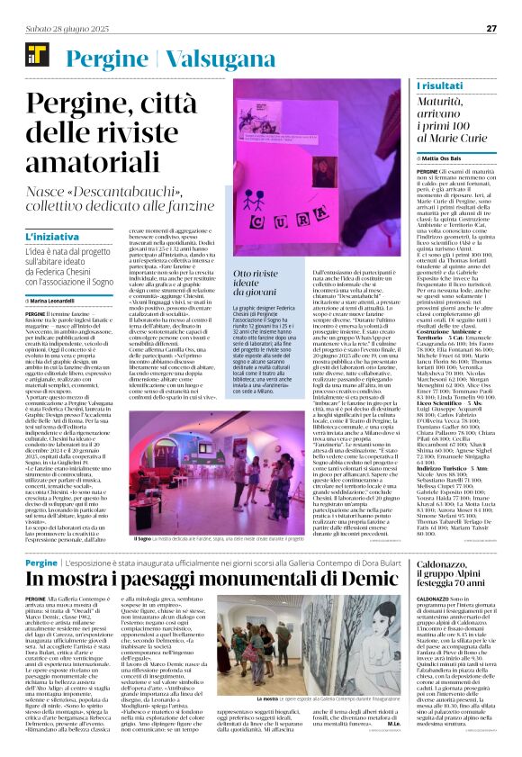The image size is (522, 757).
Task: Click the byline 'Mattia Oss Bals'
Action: [x=446, y=157]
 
